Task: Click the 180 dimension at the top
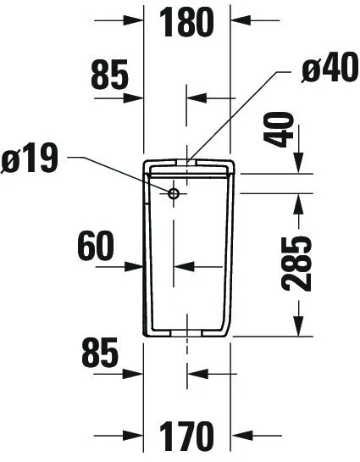coord(186,22)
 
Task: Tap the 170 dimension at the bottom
coord(186,436)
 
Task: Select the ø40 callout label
coord(330,68)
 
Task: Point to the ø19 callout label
coord(30,158)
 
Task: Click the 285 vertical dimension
coord(296,264)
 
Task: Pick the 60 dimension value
coord(96,246)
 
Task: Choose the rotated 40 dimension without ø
coord(279,130)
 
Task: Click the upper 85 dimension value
coord(110,75)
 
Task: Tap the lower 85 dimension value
coord(100,353)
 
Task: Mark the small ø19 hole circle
coord(174,193)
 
